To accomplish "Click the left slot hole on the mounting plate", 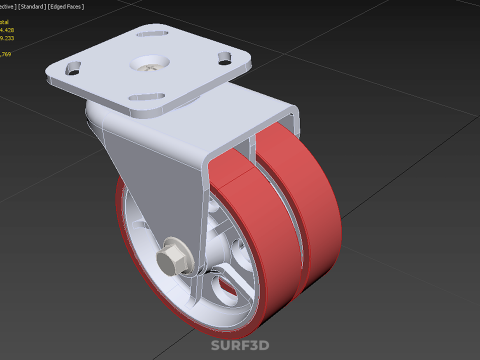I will click(74, 70).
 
